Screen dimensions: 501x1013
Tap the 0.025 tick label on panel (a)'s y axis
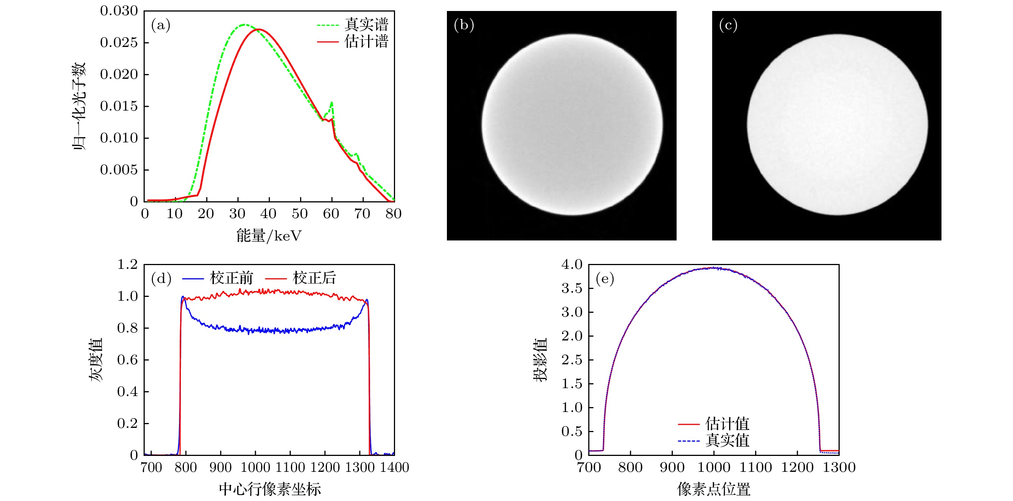119,42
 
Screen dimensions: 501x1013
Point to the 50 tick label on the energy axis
300,214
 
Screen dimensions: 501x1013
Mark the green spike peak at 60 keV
332,103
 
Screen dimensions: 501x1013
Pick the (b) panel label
464,25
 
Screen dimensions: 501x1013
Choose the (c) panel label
728,25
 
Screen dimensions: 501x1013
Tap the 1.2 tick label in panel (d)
128,264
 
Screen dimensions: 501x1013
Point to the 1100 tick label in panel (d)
290,468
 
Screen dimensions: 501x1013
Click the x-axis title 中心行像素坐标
270,489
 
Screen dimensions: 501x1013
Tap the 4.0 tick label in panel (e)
572,264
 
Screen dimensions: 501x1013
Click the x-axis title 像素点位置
713,489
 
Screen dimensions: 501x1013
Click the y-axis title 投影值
540,359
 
